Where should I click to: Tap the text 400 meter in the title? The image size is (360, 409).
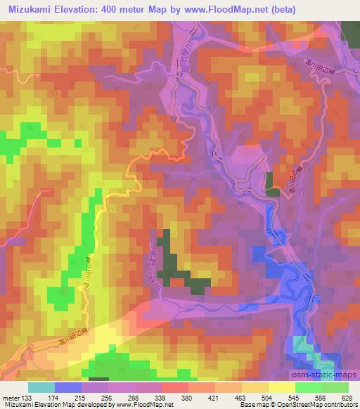(x=122, y=9)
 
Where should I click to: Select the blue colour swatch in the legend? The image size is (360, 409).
(x=68, y=387)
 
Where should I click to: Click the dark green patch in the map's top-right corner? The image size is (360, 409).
(x=350, y=32)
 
